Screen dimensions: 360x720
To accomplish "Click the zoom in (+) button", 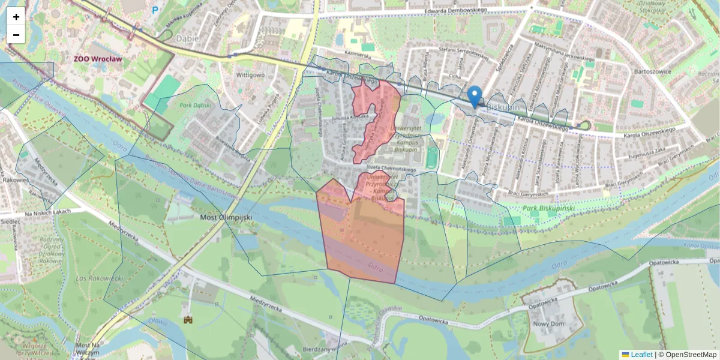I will [x=16, y=16].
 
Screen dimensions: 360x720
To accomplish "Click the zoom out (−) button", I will [x=16, y=34].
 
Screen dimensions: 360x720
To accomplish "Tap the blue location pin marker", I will [x=475, y=96].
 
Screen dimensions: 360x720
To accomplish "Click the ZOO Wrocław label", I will [x=98, y=59].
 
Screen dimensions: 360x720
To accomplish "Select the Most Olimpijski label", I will [x=225, y=217].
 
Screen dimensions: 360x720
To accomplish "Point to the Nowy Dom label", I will [x=548, y=324].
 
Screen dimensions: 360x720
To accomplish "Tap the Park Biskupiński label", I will [x=549, y=208].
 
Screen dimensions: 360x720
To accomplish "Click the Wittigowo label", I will [x=250, y=75].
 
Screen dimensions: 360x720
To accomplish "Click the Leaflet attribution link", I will [x=641, y=355].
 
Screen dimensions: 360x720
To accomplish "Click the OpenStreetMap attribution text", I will [x=687, y=355].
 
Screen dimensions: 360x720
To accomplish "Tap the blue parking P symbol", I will [x=155, y=10].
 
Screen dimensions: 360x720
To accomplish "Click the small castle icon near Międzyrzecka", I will [x=188, y=320].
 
